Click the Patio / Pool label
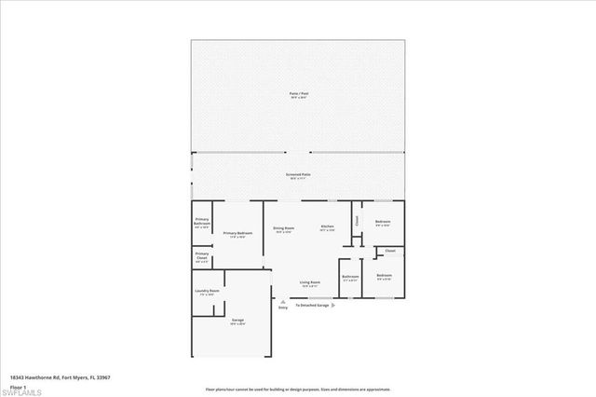coord(299,94)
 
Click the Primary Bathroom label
coord(202,223)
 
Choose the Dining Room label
coord(283,228)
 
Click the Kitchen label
coord(328,228)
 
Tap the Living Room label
coord(310,282)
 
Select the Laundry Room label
coord(207,292)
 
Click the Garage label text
coord(237,321)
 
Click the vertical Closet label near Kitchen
coord(357,222)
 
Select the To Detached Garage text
coord(312,305)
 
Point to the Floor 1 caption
coord(19,386)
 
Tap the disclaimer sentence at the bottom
coord(299,387)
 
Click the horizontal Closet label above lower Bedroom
coord(389,251)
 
